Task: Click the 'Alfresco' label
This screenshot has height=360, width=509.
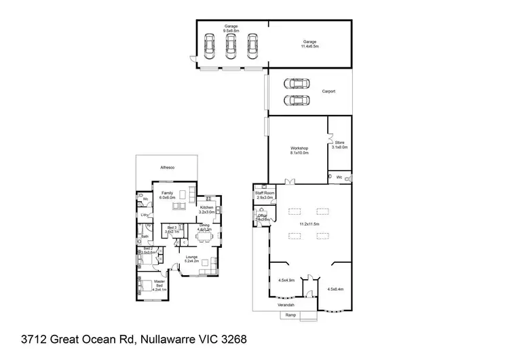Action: click(x=168, y=166)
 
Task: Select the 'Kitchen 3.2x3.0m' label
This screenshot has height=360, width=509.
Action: click(x=207, y=209)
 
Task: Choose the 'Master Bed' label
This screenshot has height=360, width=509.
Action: click(x=159, y=284)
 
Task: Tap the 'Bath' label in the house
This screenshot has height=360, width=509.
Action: click(x=145, y=236)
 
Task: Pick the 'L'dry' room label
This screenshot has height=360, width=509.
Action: click(x=145, y=215)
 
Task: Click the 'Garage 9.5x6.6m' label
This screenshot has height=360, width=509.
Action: click(x=231, y=29)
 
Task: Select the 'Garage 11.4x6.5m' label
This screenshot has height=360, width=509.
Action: click(x=309, y=44)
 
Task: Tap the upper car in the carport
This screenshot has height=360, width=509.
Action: click(x=297, y=84)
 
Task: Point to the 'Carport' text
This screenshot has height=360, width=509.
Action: click(x=328, y=91)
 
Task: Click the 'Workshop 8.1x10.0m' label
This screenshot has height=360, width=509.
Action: click(x=299, y=150)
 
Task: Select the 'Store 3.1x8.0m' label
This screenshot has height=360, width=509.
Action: click(x=340, y=144)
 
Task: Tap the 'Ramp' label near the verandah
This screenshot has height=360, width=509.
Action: click(x=290, y=315)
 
